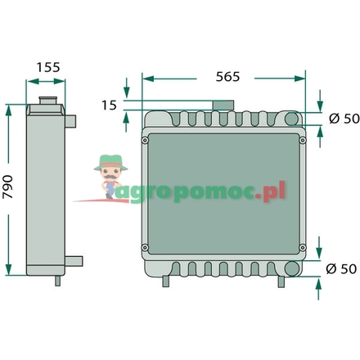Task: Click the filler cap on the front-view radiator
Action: (x=223, y=107)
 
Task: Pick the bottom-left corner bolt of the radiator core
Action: (x=145, y=248)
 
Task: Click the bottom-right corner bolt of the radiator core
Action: (x=304, y=248)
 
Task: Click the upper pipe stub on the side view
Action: (x=74, y=121)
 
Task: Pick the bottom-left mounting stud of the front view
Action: (x=166, y=281)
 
